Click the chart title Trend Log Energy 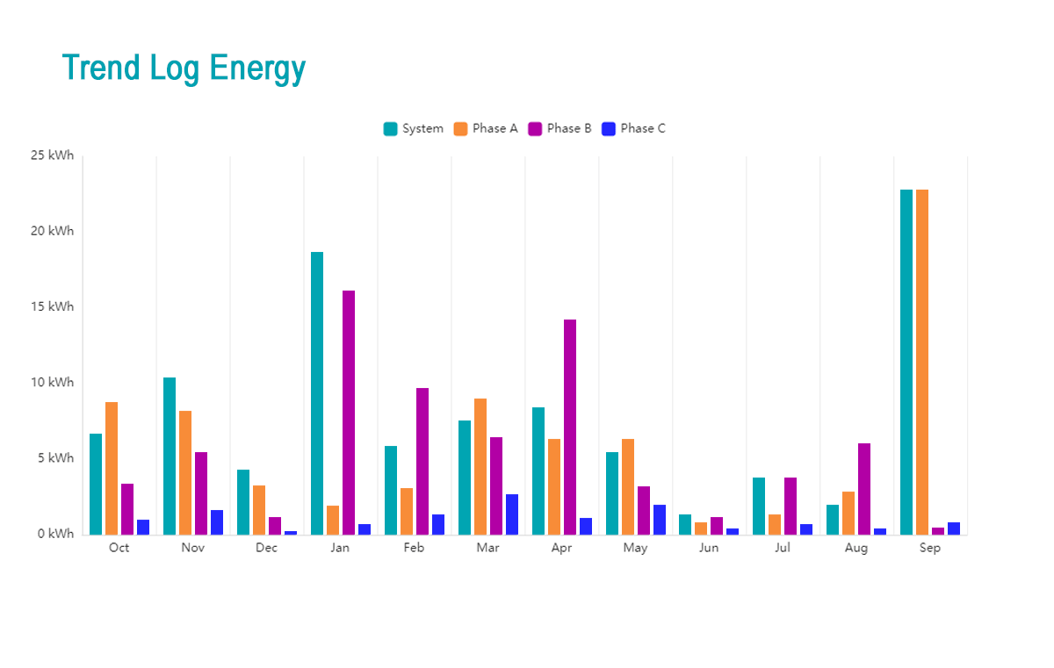184,68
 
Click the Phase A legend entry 486,128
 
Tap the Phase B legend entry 559,128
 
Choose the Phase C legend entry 633,128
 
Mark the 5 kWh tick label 54,458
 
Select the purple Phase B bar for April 570,427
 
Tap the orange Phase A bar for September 922,362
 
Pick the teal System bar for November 170,456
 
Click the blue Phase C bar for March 512,514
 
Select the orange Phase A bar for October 112,468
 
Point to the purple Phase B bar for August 864,489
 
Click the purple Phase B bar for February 422,461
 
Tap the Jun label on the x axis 709,548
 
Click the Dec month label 266,548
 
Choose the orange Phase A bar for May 628,486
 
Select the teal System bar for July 759,506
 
